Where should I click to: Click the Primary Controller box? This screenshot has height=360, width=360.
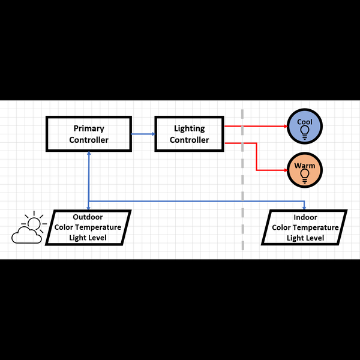point(89,134)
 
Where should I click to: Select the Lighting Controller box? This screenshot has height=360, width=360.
point(189,134)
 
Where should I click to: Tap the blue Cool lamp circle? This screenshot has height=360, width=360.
point(305,127)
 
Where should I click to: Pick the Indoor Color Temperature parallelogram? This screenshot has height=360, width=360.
point(305,227)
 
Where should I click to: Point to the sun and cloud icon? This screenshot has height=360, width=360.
point(29,228)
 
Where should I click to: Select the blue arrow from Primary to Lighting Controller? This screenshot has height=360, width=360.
point(143,134)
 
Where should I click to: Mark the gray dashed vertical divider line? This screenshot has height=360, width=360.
point(242,180)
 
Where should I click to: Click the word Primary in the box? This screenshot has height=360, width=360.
point(89,128)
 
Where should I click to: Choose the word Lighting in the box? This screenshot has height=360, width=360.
point(189,128)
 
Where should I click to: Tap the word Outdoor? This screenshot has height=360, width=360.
point(88,217)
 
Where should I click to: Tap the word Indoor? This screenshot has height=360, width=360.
point(305,217)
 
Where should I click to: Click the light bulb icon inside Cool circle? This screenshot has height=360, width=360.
point(305,131)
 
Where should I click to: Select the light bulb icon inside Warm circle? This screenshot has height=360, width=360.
point(305,175)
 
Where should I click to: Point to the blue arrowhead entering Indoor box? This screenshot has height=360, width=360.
point(305,207)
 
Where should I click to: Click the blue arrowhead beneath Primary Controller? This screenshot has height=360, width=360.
point(89,154)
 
